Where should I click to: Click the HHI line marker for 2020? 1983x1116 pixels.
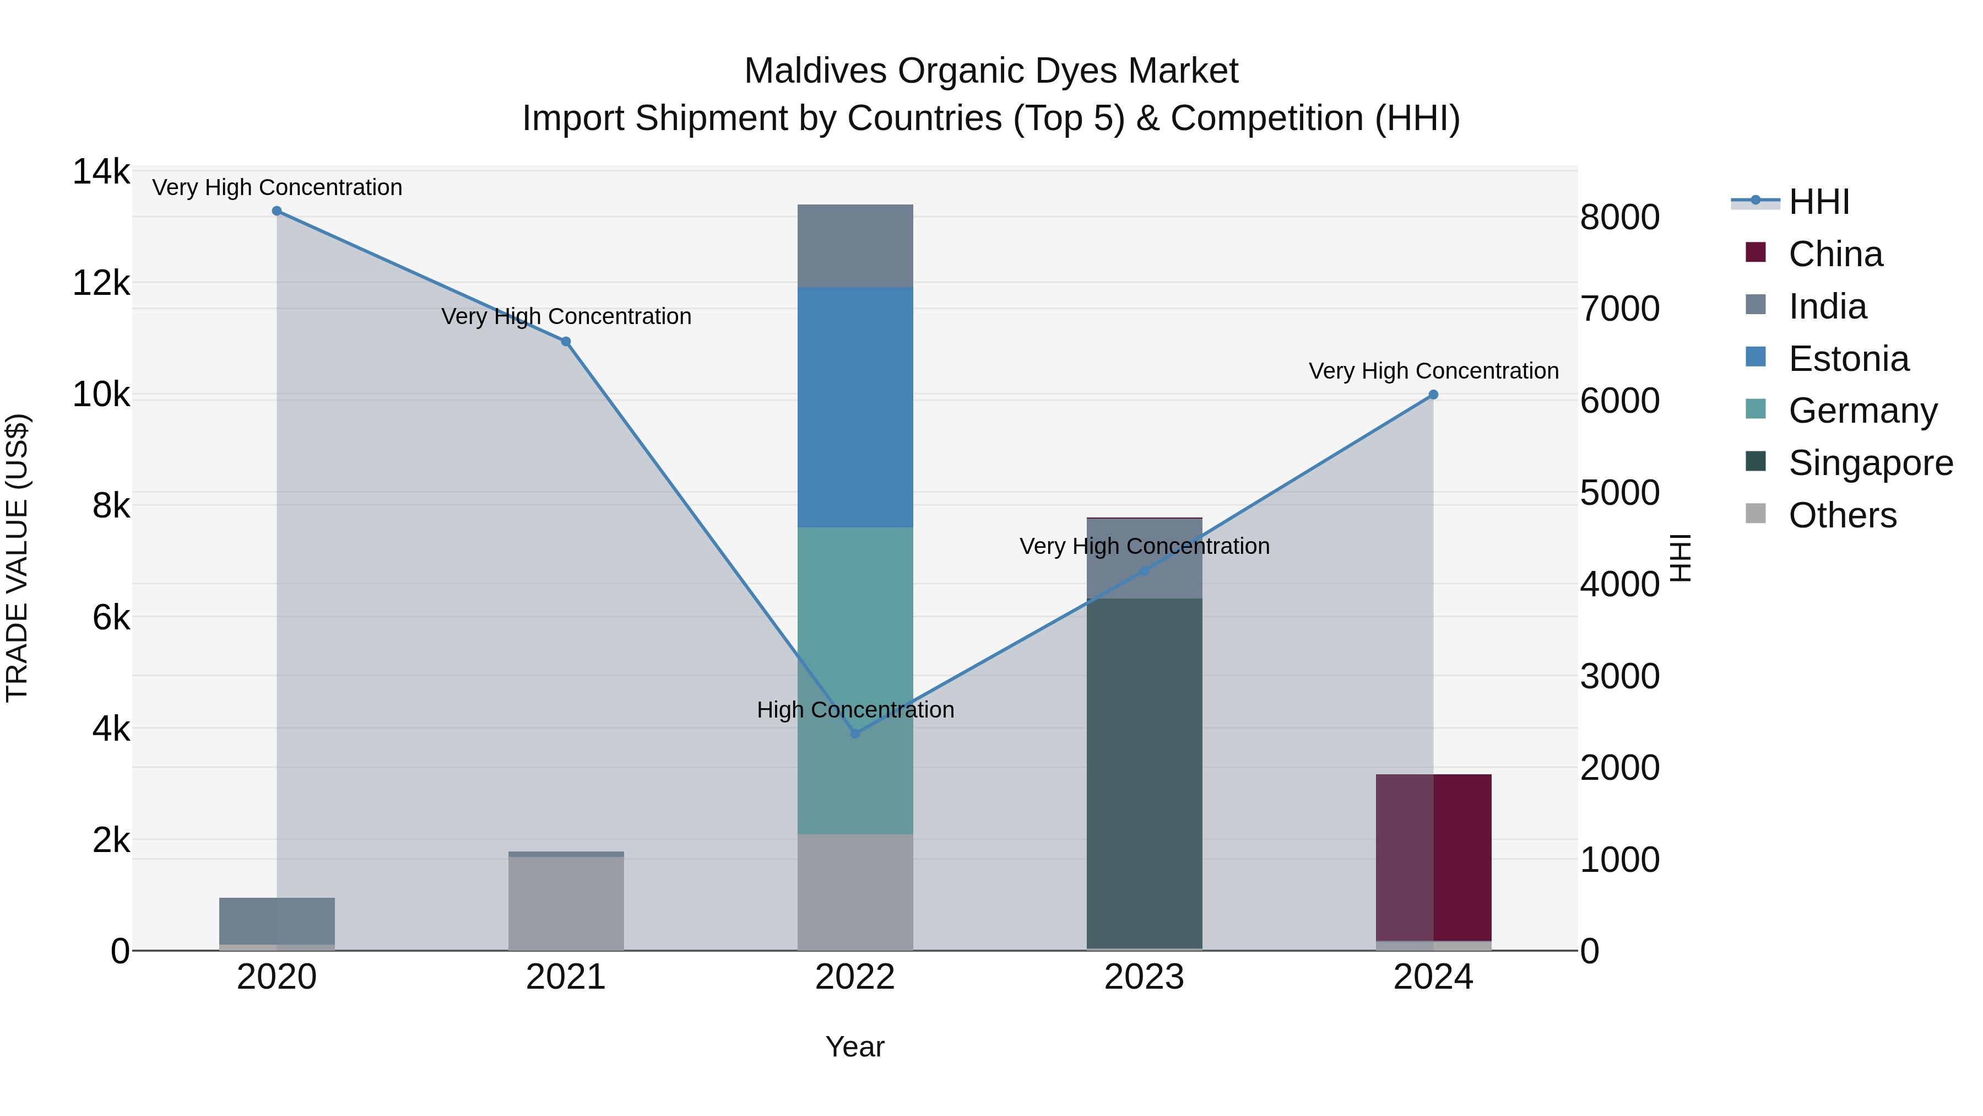click(x=277, y=211)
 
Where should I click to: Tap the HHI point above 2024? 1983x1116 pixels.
click(x=1433, y=395)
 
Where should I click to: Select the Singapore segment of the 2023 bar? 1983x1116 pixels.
click(x=1144, y=773)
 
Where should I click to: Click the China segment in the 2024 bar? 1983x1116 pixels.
click(x=1433, y=856)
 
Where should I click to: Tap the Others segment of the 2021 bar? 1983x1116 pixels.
click(x=566, y=903)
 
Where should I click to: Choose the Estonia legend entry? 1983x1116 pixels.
click(x=1847, y=359)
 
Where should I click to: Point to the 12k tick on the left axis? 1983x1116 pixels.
click(x=101, y=283)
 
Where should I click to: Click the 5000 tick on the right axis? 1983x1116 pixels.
click(x=1619, y=493)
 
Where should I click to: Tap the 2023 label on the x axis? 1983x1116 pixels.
click(x=1144, y=977)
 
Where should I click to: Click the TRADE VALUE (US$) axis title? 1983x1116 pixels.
click(x=17, y=558)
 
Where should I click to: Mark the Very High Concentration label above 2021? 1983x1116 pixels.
click(x=566, y=316)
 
